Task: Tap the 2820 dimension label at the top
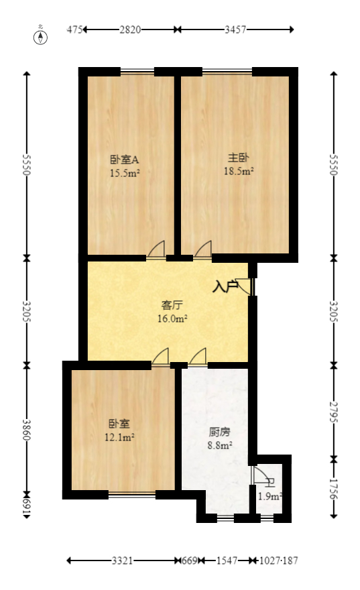pos(130,29)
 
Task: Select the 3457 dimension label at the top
pos(235,29)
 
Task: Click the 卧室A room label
pos(124,160)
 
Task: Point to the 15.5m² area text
pos(125,172)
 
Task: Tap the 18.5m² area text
pos(239,172)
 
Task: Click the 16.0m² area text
pos(172,318)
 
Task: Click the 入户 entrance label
pos(225,287)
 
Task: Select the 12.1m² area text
pos(120,437)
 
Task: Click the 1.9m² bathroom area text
pos(269,497)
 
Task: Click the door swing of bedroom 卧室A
pos(157,249)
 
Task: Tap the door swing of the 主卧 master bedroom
pos(203,249)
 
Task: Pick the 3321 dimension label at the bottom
pos(121,560)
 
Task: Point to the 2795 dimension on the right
pos(334,410)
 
